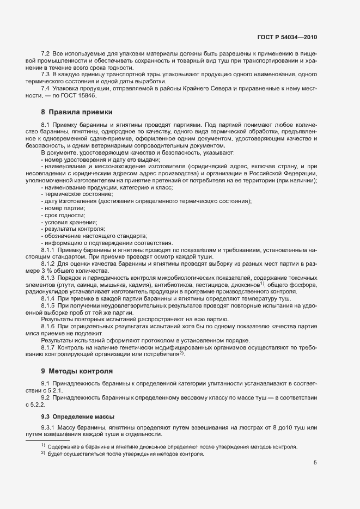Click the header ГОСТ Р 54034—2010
286,38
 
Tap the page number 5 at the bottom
315,463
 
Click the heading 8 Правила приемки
77,112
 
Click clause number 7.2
46,53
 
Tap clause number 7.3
46,73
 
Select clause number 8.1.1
48,249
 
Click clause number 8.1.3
48,278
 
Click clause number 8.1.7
48,346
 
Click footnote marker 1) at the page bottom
42,446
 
